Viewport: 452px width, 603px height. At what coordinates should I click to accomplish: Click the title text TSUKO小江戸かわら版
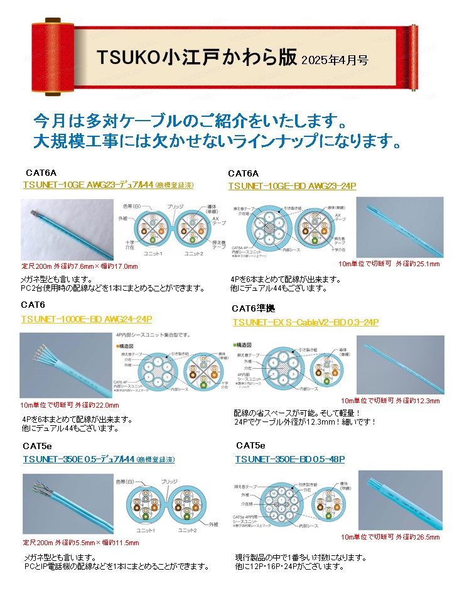[x=196, y=57]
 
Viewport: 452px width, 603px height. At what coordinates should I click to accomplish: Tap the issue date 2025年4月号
[x=335, y=60]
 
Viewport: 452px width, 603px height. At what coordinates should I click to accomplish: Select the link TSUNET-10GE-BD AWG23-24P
[x=292, y=186]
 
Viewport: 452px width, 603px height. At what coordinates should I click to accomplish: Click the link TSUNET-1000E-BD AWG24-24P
[x=86, y=319]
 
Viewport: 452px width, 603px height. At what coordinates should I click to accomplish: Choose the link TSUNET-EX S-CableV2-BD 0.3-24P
[x=305, y=322]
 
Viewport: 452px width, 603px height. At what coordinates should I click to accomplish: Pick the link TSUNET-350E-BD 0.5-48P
[x=290, y=460]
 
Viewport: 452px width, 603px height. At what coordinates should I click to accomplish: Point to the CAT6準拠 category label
[x=253, y=308]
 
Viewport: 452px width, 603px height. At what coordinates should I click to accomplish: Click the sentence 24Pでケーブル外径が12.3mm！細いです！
[x=304, y=421]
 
